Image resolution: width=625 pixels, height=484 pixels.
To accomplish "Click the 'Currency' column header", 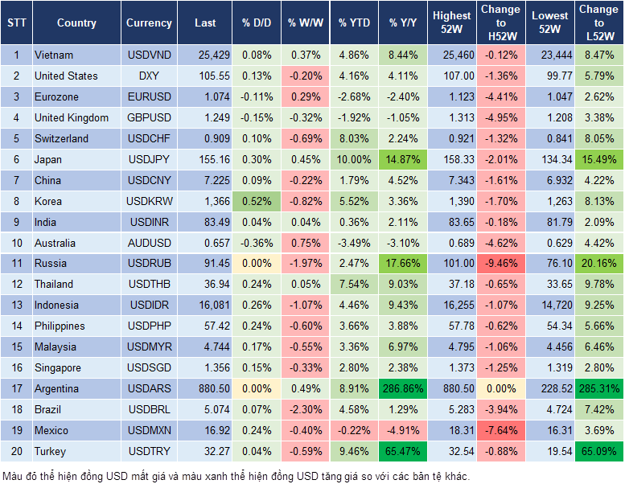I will [x=149, y=23].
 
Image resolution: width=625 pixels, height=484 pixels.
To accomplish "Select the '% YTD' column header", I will [x=354, y=23].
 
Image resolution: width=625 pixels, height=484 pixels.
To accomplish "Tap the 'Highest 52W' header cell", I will [x=451, y=23].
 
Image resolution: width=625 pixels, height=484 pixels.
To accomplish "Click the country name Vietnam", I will [x=54, y=55].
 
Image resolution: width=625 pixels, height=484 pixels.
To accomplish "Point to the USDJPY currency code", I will [x=149, y=159].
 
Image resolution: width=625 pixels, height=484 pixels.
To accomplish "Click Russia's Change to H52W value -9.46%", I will [x=501, y=263].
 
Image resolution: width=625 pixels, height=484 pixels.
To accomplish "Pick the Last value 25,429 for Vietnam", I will [x=205, y=55].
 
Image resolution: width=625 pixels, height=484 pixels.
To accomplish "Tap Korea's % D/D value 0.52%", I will [x=256, y=201].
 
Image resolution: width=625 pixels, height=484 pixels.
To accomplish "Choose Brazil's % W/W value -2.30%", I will [x=305, y=409].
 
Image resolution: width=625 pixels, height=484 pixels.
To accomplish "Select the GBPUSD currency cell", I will [x=149, y=117].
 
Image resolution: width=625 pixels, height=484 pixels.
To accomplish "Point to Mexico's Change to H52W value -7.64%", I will [x=501, y=430].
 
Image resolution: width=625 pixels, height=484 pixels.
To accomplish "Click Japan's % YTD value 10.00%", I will [x=354, y=159].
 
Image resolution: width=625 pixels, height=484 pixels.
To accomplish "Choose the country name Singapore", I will [x=57, y=367].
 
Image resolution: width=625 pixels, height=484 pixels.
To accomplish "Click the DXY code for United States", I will [x=149, y=76].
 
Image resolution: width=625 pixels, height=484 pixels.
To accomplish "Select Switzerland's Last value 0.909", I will [x=205, y=138].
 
